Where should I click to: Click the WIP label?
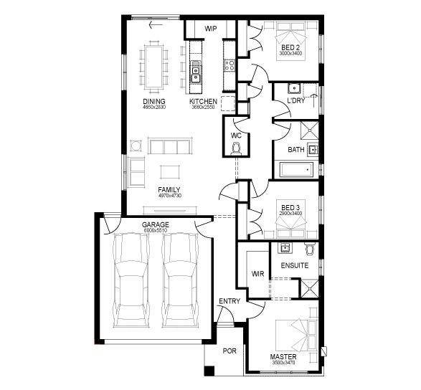point(211,29)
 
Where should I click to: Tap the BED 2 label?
point(290,47)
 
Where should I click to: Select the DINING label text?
point(154,102)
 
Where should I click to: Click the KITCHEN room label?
point(203,102)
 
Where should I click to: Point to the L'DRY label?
point(295,101)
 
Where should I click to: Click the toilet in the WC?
point(236,148)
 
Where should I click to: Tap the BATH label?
point(295,150)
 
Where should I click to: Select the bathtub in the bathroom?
point(295,170)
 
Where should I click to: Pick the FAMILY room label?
point(169,189)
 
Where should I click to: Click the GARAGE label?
point(155,225)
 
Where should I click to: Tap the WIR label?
point(258,274)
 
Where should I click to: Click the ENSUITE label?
point(295,266)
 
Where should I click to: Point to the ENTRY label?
point(230,301)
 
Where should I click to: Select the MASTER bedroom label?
point(283,356)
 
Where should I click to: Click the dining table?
point(154,65)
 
